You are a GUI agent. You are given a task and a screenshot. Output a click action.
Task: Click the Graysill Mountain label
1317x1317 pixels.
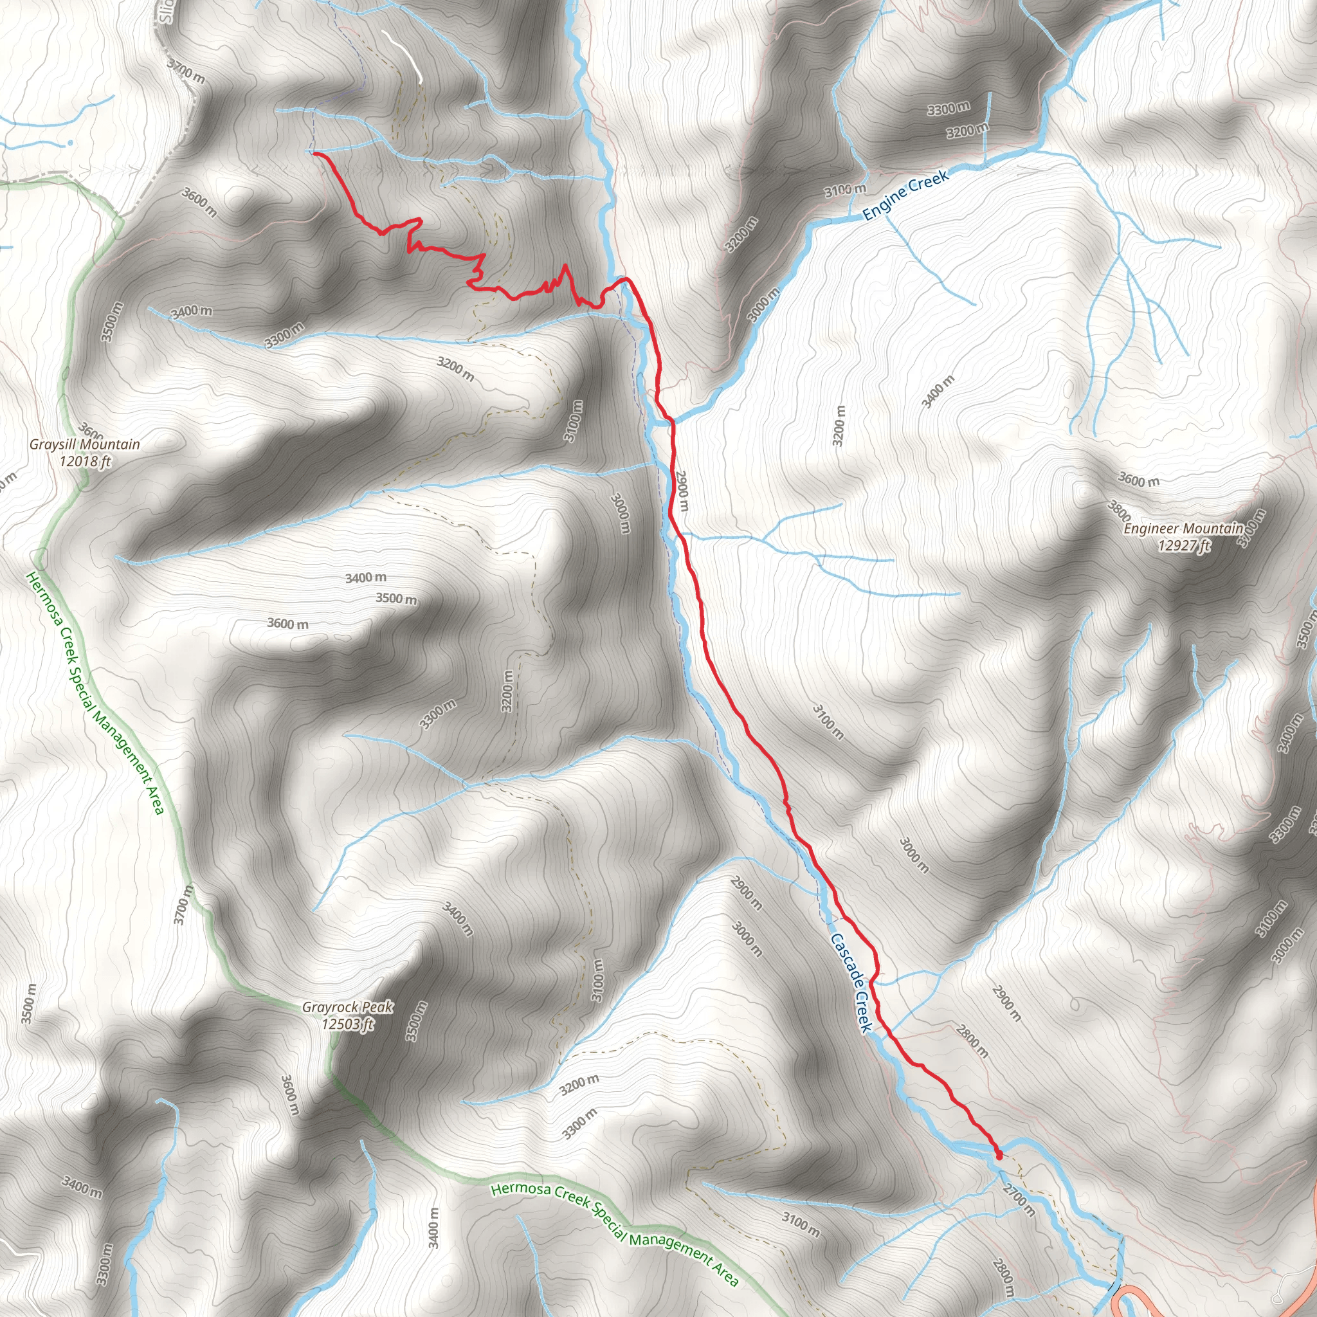[84, 444]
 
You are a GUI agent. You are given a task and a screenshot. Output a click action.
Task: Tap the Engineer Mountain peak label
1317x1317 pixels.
[1183, 529]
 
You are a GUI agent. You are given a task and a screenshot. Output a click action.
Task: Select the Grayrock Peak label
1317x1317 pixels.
[348, 1007]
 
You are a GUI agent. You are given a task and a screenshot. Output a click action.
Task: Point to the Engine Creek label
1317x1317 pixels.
[905, 195]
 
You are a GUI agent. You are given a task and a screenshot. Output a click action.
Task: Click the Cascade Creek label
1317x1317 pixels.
[851, 983]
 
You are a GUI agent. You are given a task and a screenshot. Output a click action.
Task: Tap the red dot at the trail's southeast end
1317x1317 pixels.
[999, 1156]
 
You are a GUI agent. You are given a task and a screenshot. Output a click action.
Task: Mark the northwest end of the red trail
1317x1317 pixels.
[314, 154]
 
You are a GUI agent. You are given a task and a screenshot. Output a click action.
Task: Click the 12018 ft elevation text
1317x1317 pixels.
[84, 462]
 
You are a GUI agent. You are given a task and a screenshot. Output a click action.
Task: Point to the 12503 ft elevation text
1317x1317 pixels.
[348, 1024]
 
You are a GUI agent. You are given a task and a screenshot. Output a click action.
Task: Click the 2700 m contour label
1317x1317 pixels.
[1019, 1200]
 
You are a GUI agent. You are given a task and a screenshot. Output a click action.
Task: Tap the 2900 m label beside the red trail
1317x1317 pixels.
[681, 491]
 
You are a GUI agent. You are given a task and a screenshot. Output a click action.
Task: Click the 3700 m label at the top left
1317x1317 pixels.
[185, 71]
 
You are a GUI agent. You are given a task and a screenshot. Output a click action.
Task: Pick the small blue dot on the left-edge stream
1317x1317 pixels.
[70, 143]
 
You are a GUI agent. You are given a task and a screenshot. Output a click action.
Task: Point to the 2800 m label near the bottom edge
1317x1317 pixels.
[1003, 1279]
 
